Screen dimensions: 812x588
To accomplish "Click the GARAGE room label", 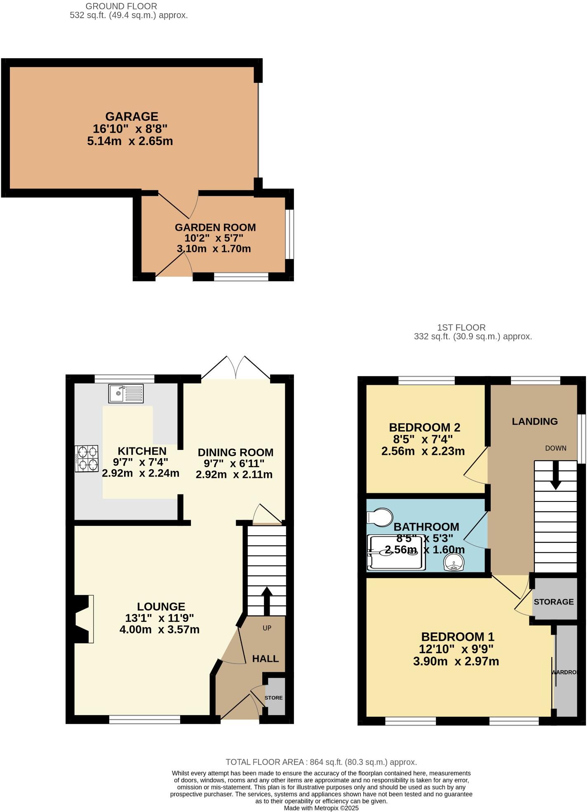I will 132,117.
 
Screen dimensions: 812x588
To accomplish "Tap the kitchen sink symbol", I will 126,393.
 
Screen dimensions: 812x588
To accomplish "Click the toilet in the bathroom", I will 379,517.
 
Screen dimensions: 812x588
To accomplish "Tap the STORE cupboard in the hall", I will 274,697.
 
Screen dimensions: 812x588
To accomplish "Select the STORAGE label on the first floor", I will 553,602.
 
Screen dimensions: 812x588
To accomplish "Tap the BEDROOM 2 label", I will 424,427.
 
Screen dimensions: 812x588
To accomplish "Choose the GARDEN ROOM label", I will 215,227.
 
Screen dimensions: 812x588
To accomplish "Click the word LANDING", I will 534,421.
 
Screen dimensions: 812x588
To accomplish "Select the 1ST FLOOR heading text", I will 461,327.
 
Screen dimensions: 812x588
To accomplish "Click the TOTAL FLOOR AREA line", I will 321,762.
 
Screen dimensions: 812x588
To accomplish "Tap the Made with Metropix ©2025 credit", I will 321,808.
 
